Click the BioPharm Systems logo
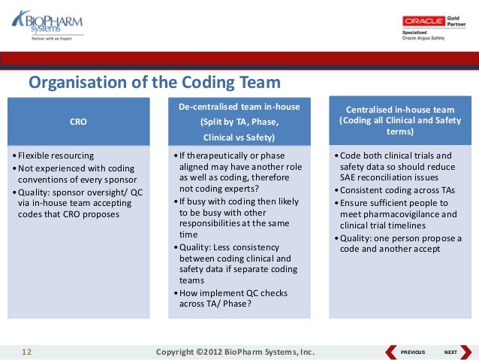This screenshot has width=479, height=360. (47, 28)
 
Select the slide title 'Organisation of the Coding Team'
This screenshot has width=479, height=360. (154, 83)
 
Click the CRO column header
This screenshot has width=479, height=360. (78, 120)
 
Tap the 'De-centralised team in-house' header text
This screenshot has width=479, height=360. (239, 107)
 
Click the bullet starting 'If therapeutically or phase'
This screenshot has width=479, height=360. (239, 167)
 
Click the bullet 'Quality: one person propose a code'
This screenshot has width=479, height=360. (398, 244)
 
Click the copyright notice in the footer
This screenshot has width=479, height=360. (234, 352)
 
